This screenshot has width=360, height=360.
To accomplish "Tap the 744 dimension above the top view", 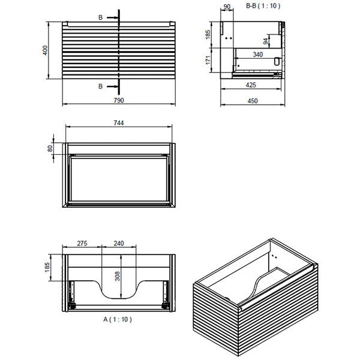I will [x=118, y=123].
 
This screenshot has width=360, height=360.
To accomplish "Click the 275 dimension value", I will [x=83, y=244].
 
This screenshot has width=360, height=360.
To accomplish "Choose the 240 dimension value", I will [x=118, y=244].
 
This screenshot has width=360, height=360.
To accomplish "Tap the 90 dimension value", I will [x=227, y=8].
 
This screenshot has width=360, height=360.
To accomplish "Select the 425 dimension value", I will [x=251, y=85].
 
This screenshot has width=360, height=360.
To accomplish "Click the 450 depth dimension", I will [x=253, y=100].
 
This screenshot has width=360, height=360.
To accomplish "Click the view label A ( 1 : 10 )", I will [x=118, y=319].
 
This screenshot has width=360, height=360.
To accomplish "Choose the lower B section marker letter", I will [x=100, y=86].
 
